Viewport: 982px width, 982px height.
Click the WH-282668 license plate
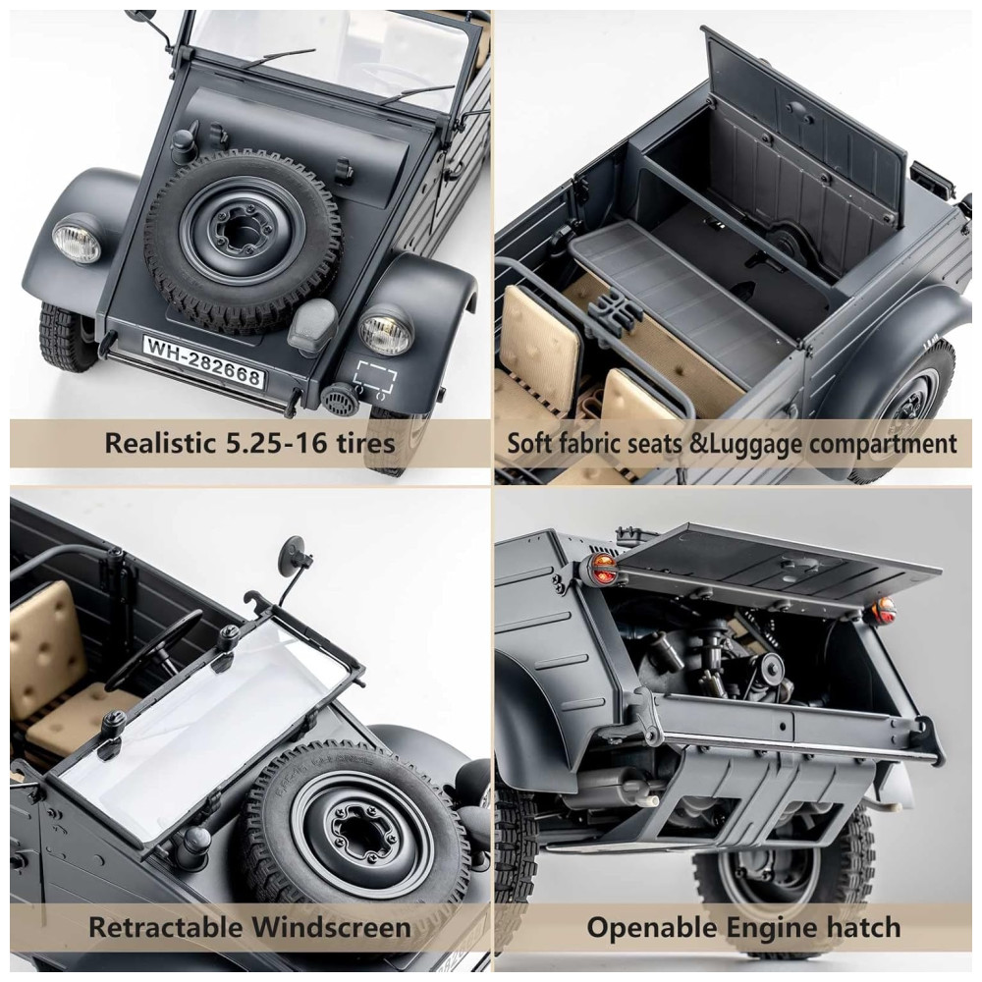[x=203, y=362]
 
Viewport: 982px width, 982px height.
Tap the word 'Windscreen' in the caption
[x=332, y=926]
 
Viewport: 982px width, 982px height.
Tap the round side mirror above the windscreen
[x=295, y=552]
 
